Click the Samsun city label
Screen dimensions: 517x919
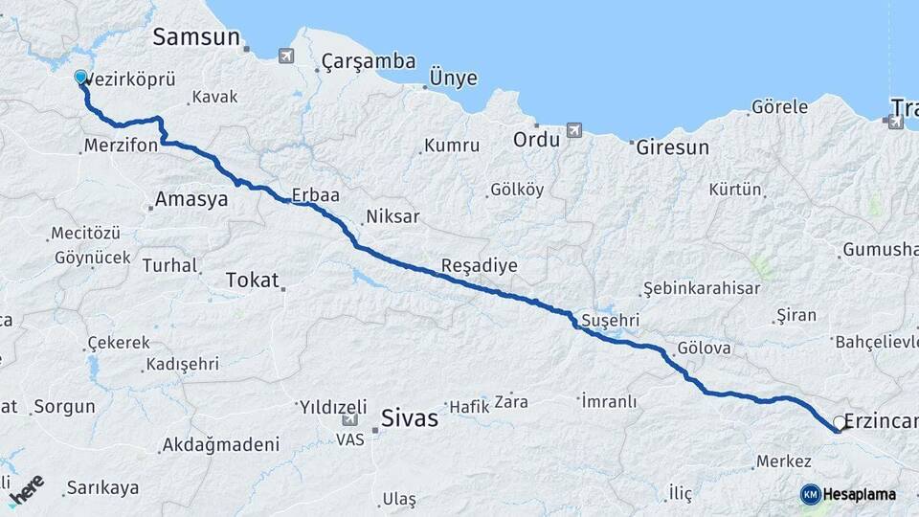pyautogui.click(x=198, y=37)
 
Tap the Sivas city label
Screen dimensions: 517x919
pyautogui.click(x=409, y=418)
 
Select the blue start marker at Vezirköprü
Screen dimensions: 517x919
pyautogui.click(x=80, y=79)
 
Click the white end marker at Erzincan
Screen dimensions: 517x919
pyautogui.click(x=840, y=422)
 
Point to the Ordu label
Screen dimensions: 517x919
pyautogui.click(x=535, y=139)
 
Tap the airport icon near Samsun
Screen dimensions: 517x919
pyautogui.click(x=285, y=56)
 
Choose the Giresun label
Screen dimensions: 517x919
pyautogui.click(x=671, y=147)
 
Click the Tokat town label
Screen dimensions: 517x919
pyautogui.click(x=252, y=280)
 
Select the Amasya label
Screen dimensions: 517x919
pyautogui.click(x=191, y=200)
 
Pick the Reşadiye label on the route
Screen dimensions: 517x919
pyautogui.click(x=479, y=264)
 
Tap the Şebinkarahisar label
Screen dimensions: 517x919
pyautogui.click(x=701, y=288)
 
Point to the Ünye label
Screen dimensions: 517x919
pyautogui.click(x=453, y=79)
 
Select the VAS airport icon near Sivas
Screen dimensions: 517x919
pyautogui.click(x=348, y=420)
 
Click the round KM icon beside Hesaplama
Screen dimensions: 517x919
pyautogui.click(x=810, y=494)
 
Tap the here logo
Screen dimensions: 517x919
pyautogui.click(x=27, y=488)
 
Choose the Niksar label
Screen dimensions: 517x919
pyautogui.click(x=392, y=217)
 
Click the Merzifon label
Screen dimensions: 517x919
pyautogui.click(x=121, y=146)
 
